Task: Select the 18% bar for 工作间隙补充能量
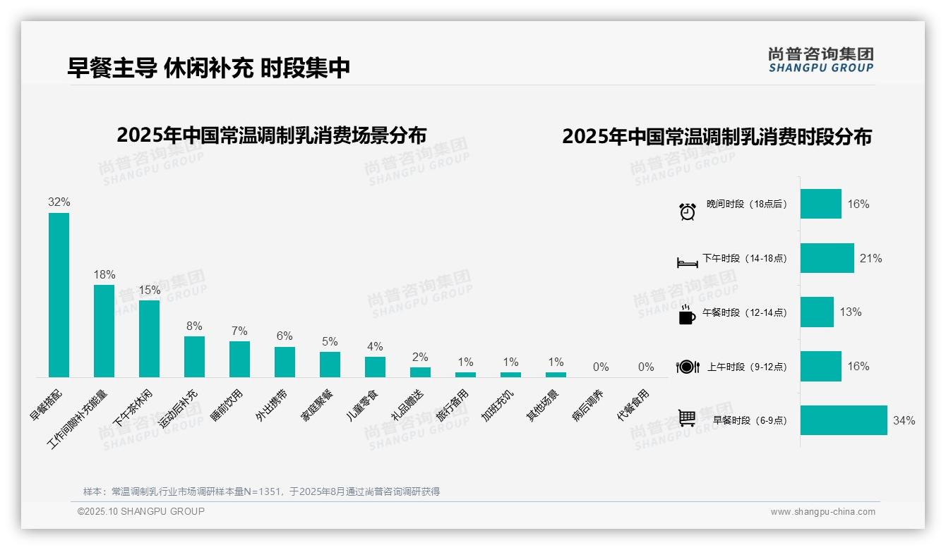click(104, 331)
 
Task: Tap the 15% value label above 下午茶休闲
click(150, 290)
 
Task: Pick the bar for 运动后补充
click(194, 356)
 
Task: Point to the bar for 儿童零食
click(375, 367)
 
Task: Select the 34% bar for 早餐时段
click(843, 420)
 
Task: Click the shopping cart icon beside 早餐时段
click(687, 419)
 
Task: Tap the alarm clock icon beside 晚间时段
click(688, 211)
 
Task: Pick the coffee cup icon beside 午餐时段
click(686, 314)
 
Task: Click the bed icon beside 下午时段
click(687, 262)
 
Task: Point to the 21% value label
click(870, 259)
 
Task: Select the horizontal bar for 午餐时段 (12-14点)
click(817, 312)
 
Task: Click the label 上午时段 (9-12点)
click(747, 367)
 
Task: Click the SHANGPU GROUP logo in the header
click(820, 60)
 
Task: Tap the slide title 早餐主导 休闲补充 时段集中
click(209, 68)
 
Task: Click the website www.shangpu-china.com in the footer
click(822, 512)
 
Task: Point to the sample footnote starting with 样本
click(261, 491)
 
